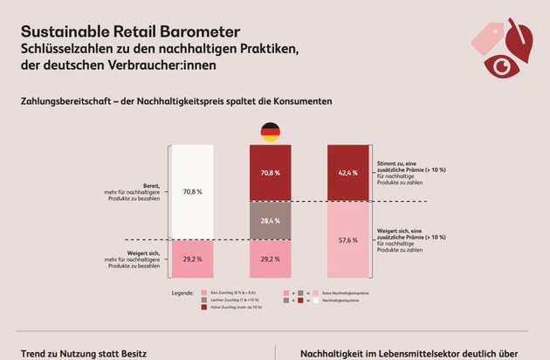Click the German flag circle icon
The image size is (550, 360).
click(x=270, y=133)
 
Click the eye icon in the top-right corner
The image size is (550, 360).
click(x=500, y=65)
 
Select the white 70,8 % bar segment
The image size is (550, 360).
click(x=192, y=191)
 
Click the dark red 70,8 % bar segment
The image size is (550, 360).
click(x=270, y=173)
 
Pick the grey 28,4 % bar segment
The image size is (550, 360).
click(x=270, y=221)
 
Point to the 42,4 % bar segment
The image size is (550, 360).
click(x=347, y=173)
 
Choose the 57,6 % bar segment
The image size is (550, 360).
click(x=347, y=240)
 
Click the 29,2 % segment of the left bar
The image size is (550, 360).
click(x=192, y=260)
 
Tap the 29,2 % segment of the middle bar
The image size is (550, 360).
click(x=270, y=260)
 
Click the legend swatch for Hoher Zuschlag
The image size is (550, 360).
click(x=203, y=307)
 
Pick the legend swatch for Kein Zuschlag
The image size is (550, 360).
click(x=203, y=293)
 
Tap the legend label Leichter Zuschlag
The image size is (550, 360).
click(x=234, y=300)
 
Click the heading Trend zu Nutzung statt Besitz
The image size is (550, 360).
click(x=79, y=353)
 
